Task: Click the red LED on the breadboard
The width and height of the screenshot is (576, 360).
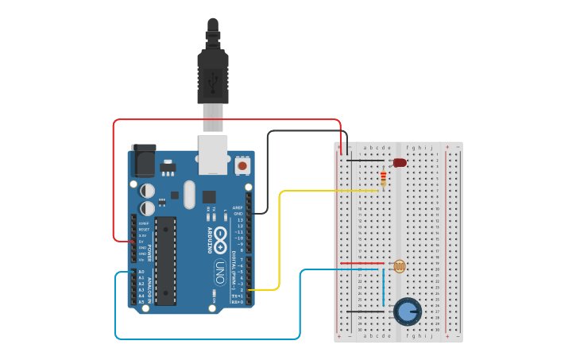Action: tap(399, 162)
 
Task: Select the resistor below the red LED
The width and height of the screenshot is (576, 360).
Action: tap(383, 179)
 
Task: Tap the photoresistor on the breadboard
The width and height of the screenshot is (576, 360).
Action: tap(399, 266)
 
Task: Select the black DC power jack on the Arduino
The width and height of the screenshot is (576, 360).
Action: tap(143, 161)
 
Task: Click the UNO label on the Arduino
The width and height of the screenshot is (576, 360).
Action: tap(220, 270)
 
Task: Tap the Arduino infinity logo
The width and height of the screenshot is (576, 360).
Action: tap(220, 239)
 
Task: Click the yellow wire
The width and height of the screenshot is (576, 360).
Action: tap(279, 238)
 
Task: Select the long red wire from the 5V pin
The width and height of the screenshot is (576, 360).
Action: tap(226, 120)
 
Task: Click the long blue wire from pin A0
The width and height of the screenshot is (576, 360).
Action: tap(207, 339)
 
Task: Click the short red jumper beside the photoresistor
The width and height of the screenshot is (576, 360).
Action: tap(361, 263)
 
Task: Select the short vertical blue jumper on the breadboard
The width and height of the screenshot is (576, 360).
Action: tap(383, 286)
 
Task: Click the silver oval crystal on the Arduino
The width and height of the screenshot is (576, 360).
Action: tap(188, 194)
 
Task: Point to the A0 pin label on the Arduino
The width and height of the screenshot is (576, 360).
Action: tap(141, 272)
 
